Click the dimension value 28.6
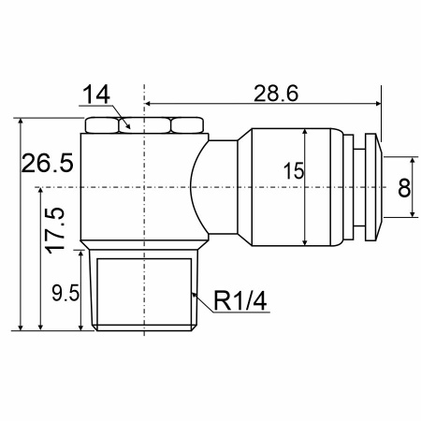(x=276, y=94)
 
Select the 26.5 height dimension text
(x=47, y=163)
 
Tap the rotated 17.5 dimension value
(x=55, y=230)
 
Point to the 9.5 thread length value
(x=65, y=293)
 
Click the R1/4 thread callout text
(x=240, y=301)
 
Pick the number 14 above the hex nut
(x=96, y=94)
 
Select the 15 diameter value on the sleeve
(x=293, y=171)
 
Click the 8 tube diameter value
(x=404, y=188)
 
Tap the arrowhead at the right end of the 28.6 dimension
(x=378, y=103)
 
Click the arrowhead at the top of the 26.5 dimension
(x=21, y=122)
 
